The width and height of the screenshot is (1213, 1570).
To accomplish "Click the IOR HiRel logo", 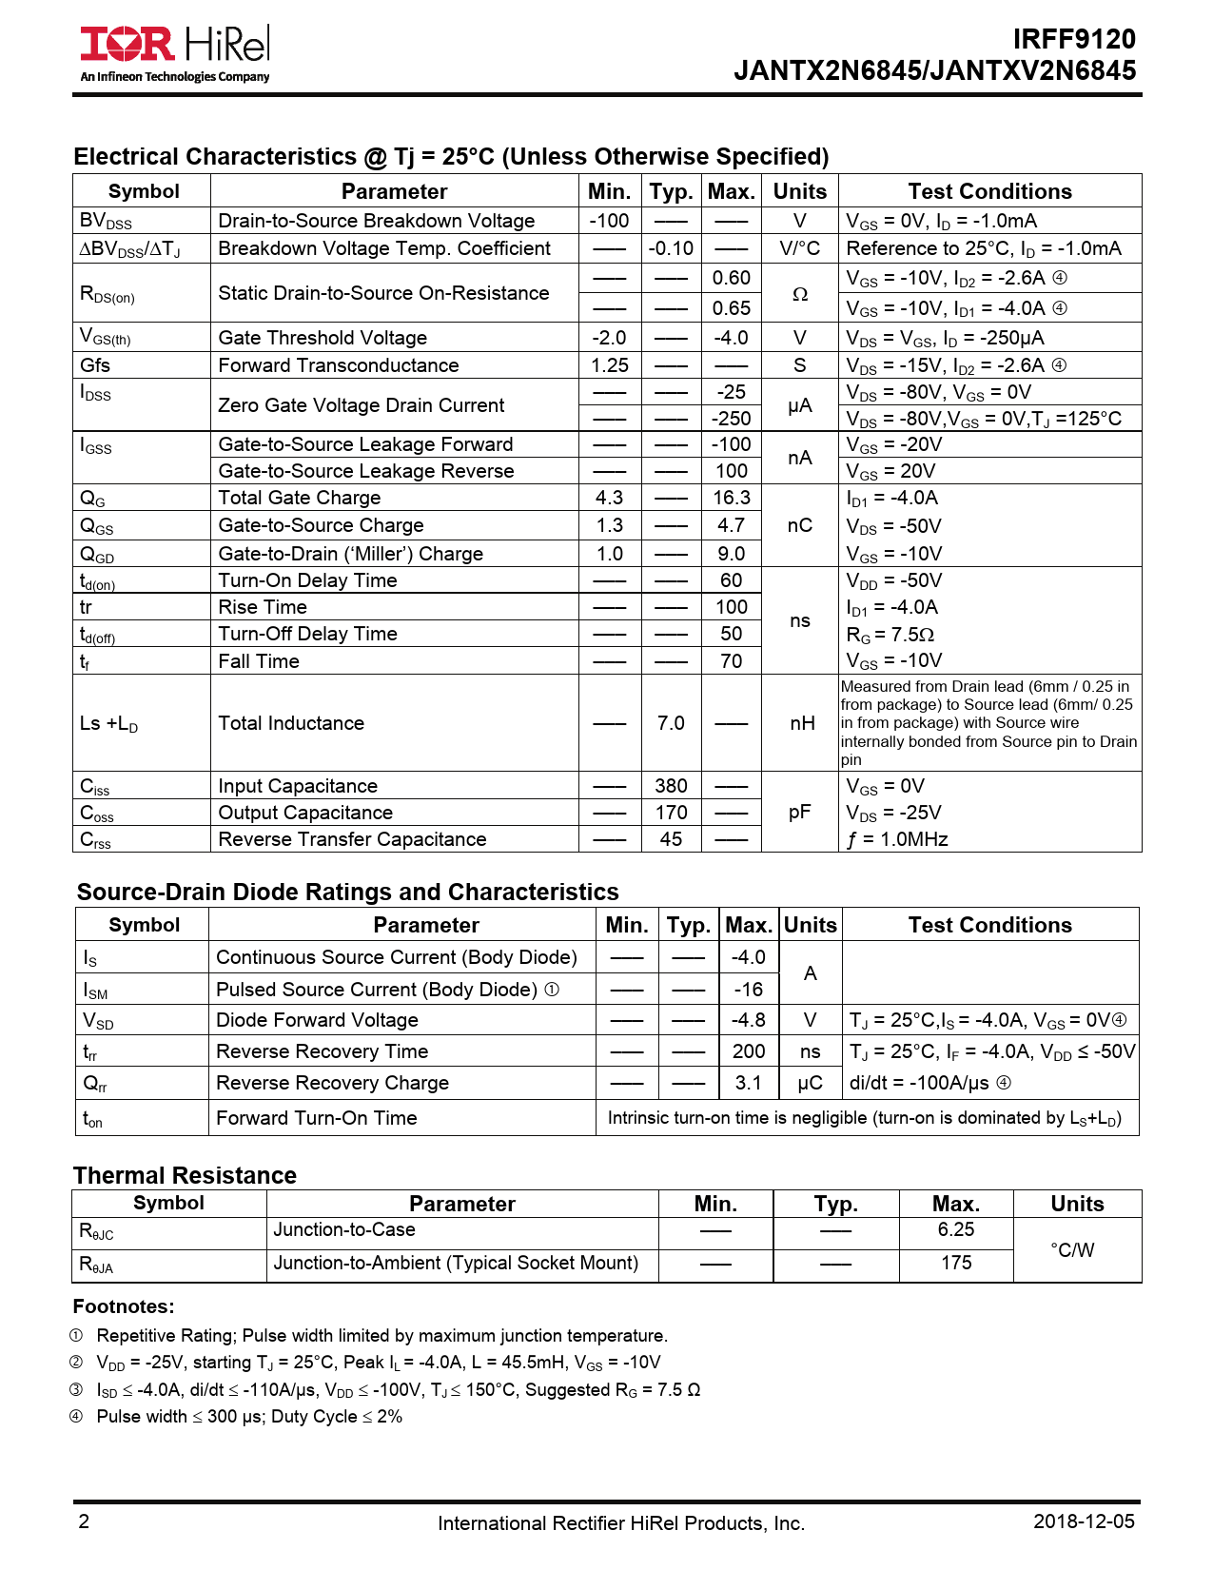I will [175, 53].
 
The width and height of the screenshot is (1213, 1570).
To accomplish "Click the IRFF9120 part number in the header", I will [1073, 39].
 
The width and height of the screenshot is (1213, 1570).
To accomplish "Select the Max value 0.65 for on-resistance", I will [731, 308].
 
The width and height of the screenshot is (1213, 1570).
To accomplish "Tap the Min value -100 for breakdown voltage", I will [609, 221].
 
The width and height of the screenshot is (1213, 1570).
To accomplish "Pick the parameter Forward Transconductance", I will [338, 365].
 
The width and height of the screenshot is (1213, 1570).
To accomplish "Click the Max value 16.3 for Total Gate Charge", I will [731, 498].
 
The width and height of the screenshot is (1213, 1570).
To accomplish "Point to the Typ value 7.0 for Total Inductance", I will [671, 723].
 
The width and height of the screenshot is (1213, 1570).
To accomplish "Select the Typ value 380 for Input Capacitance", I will [671, 786].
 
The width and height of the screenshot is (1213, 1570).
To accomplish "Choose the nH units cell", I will [801, 723].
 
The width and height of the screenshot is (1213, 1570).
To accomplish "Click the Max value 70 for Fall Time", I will [731, 661].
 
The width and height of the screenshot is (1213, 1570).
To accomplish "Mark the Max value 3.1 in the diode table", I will [748, 1083].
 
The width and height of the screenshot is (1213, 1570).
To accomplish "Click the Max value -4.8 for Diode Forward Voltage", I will [748, 1020].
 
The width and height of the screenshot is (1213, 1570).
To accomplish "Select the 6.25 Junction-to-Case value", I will [955, 1229].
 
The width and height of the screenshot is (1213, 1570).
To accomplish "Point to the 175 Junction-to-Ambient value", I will [955, 1263].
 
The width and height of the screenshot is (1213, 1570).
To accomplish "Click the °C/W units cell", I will [1072, 1250].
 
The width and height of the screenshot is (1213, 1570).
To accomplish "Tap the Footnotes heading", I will [124, 1306].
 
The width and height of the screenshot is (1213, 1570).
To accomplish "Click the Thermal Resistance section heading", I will [185, 1175].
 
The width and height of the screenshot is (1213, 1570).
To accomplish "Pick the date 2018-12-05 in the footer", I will [1084, 1521].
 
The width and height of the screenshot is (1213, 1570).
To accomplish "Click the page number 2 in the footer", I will [84, 1521].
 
